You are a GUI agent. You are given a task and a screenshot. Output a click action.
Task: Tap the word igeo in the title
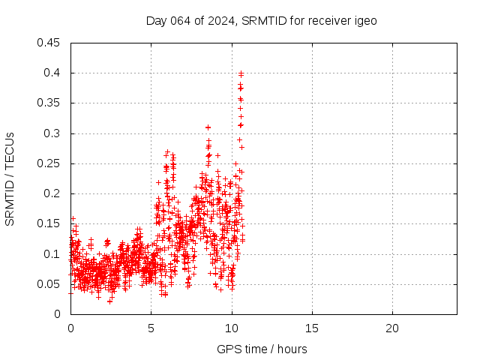[x=364, y=20]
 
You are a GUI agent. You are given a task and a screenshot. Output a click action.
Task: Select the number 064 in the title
[x=180, y=20]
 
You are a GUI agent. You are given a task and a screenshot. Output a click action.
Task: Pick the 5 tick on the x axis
[x=151, y=328]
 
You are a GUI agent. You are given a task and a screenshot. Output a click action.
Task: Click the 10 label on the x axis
[x=231, y=328]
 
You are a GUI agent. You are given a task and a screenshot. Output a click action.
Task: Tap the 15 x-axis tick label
[x=311, y=328]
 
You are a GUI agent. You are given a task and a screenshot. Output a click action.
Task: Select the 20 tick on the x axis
[x=391, y=328]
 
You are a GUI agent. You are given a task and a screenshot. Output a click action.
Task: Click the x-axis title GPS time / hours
[x=262, y=349]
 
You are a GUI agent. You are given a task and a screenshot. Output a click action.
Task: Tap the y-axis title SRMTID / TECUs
[x=10, y=178]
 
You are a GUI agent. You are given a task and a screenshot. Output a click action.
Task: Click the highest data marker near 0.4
[x=241, y=73]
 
